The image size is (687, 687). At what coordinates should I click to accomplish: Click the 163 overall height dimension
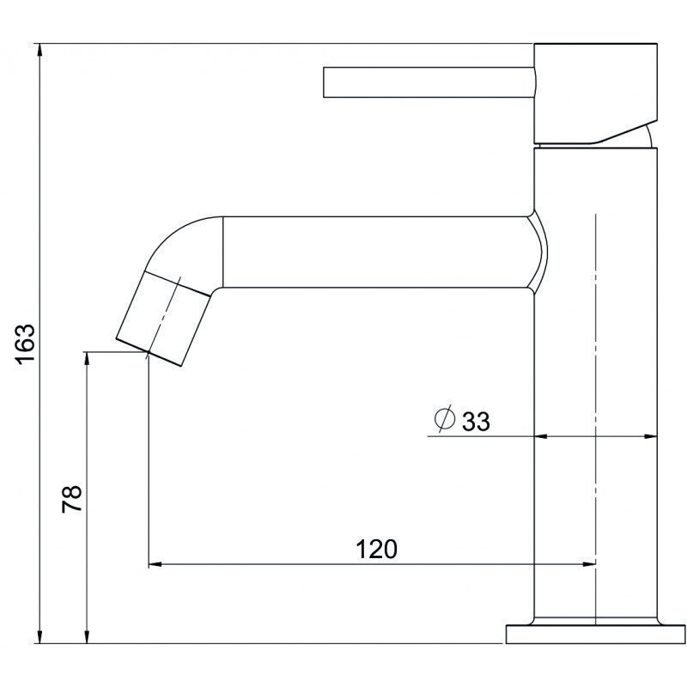click(25, 344)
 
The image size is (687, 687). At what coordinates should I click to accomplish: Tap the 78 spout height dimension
click(72, 499)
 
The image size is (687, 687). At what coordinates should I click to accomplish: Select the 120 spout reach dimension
click(376, 549)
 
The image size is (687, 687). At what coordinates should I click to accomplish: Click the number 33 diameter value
click(477, 422)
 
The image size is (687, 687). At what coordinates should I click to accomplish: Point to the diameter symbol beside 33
click(444, 419)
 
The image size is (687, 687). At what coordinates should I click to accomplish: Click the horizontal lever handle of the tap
click(429, 82)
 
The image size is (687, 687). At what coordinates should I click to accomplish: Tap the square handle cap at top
click(596, 94)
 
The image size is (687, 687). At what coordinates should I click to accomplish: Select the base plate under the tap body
click(596, 634)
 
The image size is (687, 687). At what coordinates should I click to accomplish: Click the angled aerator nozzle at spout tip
click(162, 319)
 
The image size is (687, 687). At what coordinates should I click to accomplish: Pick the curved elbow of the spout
click(186, 250)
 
